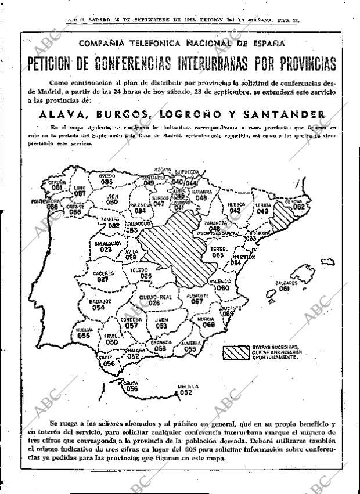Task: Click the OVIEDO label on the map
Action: point(106,175)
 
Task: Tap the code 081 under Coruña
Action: point(57,187)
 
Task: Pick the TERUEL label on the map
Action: point(218,248)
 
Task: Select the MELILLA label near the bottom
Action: point(188,386)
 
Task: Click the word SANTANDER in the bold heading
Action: point(282,114)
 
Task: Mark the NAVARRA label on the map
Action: point(201,191)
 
